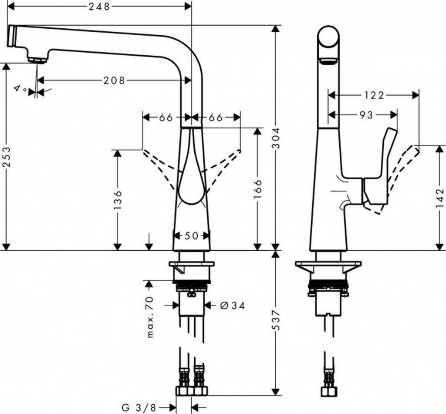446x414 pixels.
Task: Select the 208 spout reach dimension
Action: coord(114,80)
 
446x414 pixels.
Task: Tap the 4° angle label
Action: coord(20,89)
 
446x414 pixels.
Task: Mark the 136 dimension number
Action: coord(118,200)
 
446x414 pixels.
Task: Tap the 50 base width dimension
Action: coord(191,236)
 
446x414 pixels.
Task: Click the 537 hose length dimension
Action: coord(276,320)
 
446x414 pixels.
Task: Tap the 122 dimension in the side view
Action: coord(374,95)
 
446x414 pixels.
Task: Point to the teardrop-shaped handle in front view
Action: coord(191,178)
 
